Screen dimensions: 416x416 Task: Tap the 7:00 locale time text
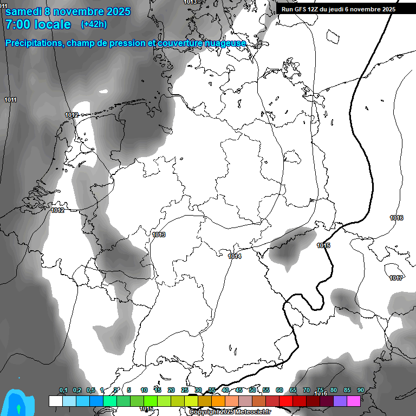pos(38,24)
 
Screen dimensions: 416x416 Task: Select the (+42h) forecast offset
pos(94,24)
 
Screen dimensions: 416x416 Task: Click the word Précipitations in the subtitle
pos(34,43)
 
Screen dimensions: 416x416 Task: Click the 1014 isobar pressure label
pos(235,256)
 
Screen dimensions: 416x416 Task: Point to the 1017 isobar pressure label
pos(396,278)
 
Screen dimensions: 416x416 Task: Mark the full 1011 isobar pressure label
pos(10,100)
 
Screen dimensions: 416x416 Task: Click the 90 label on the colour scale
pos(360,390)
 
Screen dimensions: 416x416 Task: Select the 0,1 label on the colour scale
pos(63,390)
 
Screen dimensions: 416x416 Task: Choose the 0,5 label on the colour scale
pos(90,390)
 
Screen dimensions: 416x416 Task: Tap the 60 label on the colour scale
pos(279,390)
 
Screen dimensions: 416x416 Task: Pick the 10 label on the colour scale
pos(144,390)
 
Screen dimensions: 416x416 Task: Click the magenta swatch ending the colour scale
pos(354,401)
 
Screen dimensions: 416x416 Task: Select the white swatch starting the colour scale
pos(55,401)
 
